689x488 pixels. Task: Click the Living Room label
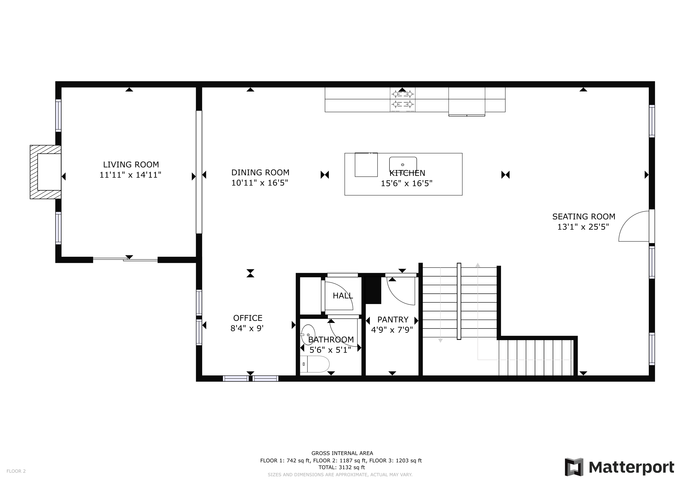click(x=131, y=165)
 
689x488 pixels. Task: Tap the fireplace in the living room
click(x=46, y=172)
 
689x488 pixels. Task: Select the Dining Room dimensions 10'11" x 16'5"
click(x=260, y=183)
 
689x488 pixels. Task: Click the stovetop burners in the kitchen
click(x=402, y=99)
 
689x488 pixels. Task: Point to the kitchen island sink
click(x=403, y=164)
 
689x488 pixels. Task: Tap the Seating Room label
click(x=584, y=217)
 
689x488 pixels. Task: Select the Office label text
click(x=248, y=318)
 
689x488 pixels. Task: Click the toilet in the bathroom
click(x=315, y=364)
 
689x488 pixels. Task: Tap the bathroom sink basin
click(x=308, y=335)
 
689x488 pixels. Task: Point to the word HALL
click(x=343, y=296)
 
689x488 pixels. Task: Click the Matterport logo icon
click(x=574, y=467)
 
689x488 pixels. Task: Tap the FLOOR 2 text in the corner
click(x=16, y=471)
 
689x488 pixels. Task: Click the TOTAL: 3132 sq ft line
click(x=341, y=467)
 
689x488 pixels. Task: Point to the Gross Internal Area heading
click(x=342, y=453)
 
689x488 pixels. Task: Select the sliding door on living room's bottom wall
click(x=125, y=259)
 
